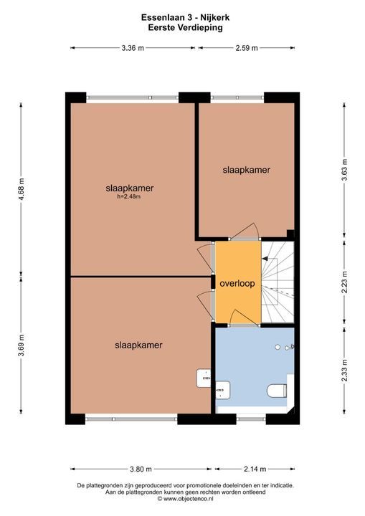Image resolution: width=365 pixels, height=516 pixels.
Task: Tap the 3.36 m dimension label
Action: coord(133,48)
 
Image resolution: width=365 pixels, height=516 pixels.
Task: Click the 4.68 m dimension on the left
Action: coord(22,190)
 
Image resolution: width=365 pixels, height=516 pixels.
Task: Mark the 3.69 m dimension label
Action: coord(22,346)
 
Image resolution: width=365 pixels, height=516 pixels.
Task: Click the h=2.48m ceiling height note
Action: coord(128,197)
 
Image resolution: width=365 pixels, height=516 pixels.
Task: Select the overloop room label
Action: coord(237,283)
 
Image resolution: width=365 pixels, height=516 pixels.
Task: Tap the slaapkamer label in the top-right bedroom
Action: coord(246,170)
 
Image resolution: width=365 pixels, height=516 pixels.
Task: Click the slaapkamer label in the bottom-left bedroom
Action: coord(138,345)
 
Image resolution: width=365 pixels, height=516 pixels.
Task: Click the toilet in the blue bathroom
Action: coord(277,391)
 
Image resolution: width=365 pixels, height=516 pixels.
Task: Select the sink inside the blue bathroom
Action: coord(221,390)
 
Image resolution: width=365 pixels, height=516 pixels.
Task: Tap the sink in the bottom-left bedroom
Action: coord(204,376)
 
